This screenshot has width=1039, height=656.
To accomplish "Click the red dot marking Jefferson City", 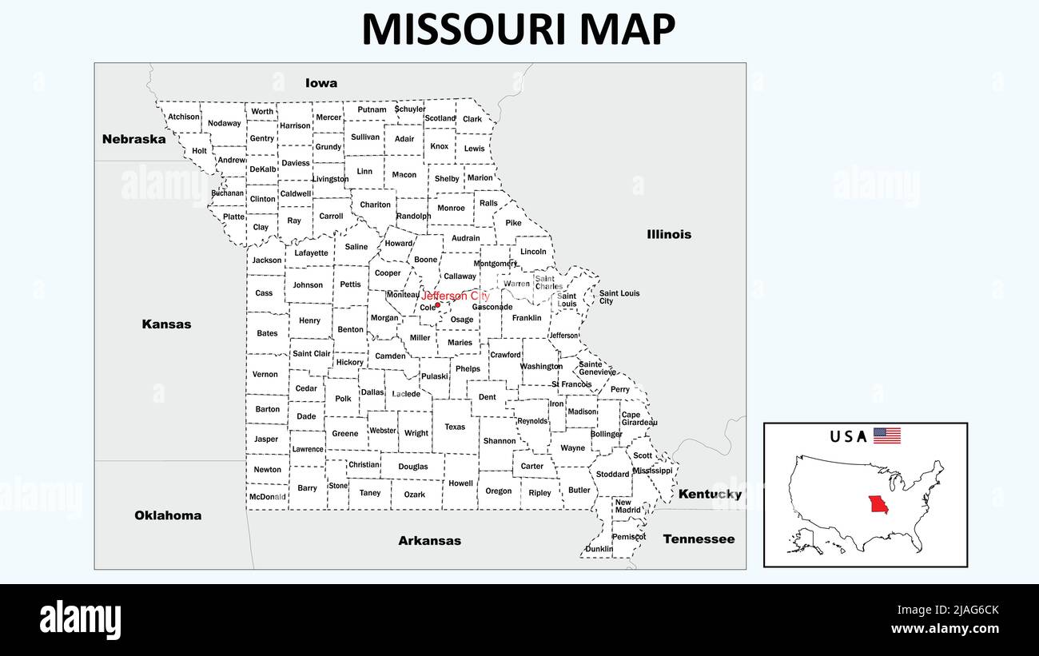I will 437,304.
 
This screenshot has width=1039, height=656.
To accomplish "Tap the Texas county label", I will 455,427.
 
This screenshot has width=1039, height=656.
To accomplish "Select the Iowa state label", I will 321,83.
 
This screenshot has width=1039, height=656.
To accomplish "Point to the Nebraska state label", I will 134,139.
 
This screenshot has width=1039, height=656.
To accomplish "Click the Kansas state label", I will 166,324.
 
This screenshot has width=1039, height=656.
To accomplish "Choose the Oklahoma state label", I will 168,515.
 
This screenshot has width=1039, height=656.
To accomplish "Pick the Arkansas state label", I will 430,541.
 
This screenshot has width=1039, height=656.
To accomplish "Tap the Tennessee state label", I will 699,539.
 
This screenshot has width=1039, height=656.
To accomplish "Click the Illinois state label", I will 669,234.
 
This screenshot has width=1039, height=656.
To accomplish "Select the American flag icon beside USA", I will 886,435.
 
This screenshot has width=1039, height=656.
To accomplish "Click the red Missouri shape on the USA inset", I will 878,506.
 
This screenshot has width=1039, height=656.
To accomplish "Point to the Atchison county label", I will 184,117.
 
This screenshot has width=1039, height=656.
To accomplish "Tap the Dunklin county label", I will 599,549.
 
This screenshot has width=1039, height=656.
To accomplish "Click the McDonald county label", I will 267,496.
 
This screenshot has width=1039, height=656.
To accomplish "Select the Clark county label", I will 472,119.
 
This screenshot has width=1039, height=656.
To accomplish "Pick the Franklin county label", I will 527,318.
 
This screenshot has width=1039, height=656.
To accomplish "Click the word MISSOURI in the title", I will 465,30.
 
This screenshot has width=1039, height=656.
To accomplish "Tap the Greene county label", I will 345,434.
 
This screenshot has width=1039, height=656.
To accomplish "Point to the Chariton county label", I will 375,205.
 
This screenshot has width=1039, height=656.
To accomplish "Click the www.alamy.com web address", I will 945,629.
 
